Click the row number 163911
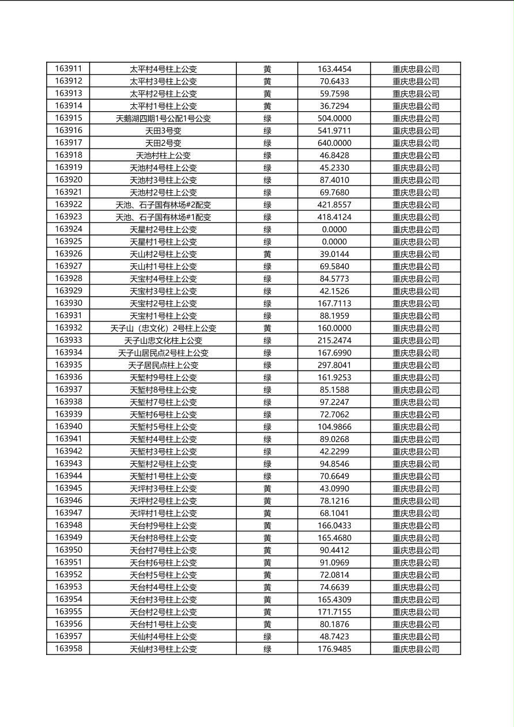pos(68,69)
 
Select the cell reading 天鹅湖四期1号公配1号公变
pos(163,118)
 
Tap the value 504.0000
pos(334,118)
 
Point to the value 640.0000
pos(334,143)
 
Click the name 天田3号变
pos(163,131)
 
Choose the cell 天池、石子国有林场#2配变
pos(163,205)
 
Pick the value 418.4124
pos(334,217)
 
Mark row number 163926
pos(68,254)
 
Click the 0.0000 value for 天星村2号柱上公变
pos(334,229)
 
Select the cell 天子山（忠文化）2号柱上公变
pos(163,328)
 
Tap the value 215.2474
pos(334,340)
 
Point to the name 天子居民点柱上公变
pos(163,365)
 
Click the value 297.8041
pos(334,365)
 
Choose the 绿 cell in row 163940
pos(267,427)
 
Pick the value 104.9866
pos(334,427)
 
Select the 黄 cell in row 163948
pos(267,525)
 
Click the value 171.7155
pos(334,612)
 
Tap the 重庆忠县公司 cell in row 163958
pos(415,649)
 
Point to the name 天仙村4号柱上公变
pos(163,637)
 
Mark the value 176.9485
pos(334,649)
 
